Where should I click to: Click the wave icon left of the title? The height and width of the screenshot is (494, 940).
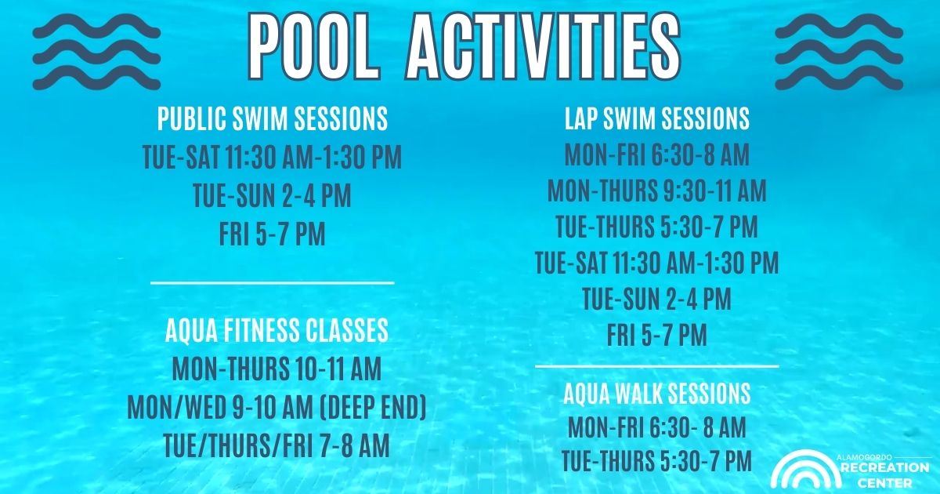pyautogui.click(x=96, y=52)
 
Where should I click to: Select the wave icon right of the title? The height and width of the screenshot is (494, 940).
pyautogui.click(x=839, y=52)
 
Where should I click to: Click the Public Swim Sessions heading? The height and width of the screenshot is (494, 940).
pyautogui.click(x=273, y=119)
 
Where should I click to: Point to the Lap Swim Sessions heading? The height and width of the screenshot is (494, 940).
pyautogui.click(x=657, y=118)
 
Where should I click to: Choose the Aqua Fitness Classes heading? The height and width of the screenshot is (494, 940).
pyautogui.click(x=277, y=330)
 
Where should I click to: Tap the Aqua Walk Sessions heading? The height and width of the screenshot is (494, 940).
pyautogui.click(x=656, y=393)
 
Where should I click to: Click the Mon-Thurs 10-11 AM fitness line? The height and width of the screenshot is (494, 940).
pyautogui.click(x=277, y=368)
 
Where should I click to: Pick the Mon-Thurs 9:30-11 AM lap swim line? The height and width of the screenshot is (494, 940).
pyautogui.click(x=656, y=191)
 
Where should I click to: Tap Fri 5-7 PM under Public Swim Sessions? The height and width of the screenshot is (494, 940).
pyautogui.click(x=273, y=234)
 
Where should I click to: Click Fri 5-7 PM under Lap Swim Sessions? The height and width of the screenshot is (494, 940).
pyautogui.click(x=656, y=334)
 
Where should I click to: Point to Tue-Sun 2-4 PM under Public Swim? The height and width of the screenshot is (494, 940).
pyautogui.click(x=273, y=195)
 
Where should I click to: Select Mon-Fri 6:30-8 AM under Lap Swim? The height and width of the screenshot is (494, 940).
pyautogui.click(x=656, y=154)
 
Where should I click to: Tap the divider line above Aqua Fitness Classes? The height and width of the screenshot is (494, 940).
pyautogui.click(x=273, y=283)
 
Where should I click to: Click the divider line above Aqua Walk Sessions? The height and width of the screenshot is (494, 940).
pyautogui.click(x=656, y=367)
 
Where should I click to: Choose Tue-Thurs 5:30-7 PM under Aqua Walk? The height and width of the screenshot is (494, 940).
pyautogui.click(x=656, y=460)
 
